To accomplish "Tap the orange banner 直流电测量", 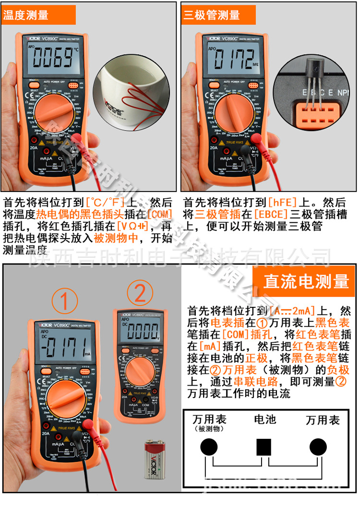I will pos(306,281).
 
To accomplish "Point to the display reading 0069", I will pos(52,59).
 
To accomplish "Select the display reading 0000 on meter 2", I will pos(141,331).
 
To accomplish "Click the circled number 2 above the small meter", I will pos(140,293).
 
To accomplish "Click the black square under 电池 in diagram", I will pos(264,448).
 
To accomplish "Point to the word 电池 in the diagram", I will pos(264,420).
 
